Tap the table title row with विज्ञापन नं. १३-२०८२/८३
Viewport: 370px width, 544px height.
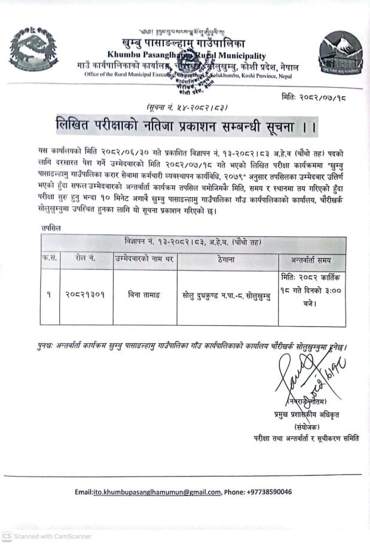193,242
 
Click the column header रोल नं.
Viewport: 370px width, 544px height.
85,259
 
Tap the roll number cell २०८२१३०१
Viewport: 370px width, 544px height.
85,294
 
